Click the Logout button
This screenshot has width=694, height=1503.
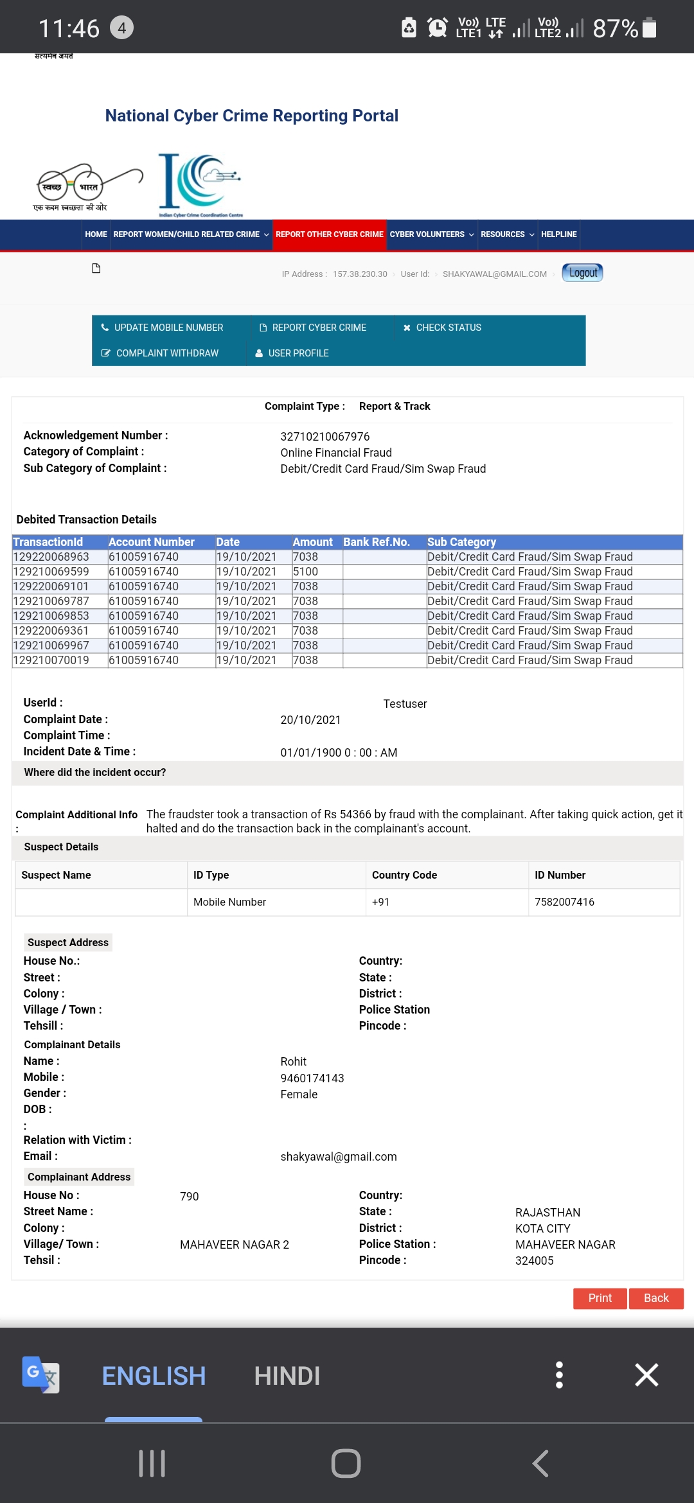coord(582,273)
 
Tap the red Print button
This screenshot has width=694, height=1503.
coord(600,1298)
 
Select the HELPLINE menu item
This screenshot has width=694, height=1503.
coord(558,234)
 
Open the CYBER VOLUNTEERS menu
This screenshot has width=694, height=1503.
coord(431,234)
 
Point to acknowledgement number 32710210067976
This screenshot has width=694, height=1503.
coord(325,437)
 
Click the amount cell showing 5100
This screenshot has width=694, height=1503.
coord(305,572)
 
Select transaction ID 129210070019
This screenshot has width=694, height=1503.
coord(51,660)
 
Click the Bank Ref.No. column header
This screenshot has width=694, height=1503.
coord(376,542)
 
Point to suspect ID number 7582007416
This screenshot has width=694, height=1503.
coord(564,902)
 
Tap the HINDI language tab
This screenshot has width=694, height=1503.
coord(287,1376)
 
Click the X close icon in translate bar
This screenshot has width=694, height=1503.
coord(646,1375)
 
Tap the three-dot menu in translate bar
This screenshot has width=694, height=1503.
coord(559,1375)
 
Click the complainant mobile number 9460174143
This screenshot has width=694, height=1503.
coord(312,1078)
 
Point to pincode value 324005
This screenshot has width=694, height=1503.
coord(534,1261)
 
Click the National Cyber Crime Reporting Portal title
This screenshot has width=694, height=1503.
coord(251,116)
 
